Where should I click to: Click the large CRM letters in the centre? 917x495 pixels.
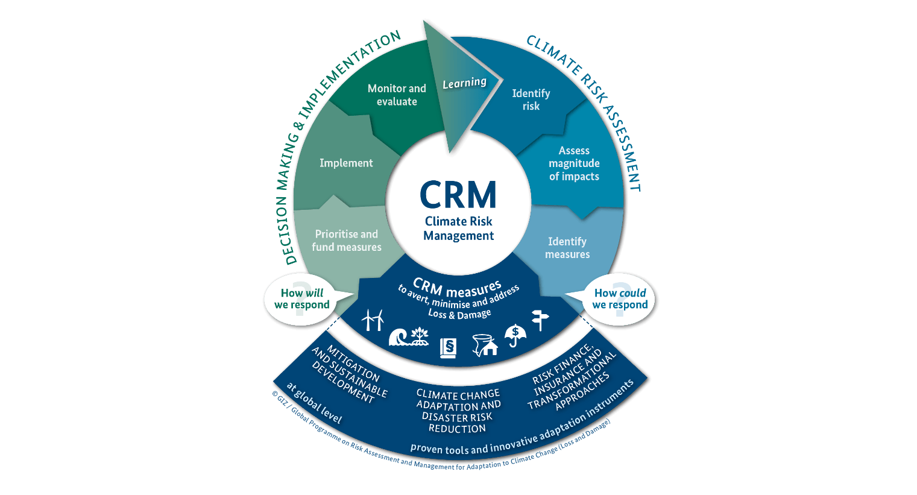[458, 195]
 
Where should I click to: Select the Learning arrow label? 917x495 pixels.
[464, 83]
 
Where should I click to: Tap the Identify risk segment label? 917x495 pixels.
[531, 99]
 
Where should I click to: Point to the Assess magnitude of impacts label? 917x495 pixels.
[574, 163]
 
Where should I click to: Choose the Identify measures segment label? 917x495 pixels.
[567, 248]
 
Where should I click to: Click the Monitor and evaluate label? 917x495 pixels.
[397, 95]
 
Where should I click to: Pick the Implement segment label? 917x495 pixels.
[346, 163]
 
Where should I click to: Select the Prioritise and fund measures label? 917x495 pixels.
[347, 241]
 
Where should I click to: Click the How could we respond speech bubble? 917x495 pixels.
[620, 299]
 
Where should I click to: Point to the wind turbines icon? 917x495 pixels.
[373, 320]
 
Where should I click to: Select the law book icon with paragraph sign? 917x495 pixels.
[448, 347]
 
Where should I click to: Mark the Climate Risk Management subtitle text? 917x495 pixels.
[459, 229]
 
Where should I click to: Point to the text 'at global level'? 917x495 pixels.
[314, 403]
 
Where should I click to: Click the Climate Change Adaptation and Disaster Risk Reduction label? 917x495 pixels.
[458, 411]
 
